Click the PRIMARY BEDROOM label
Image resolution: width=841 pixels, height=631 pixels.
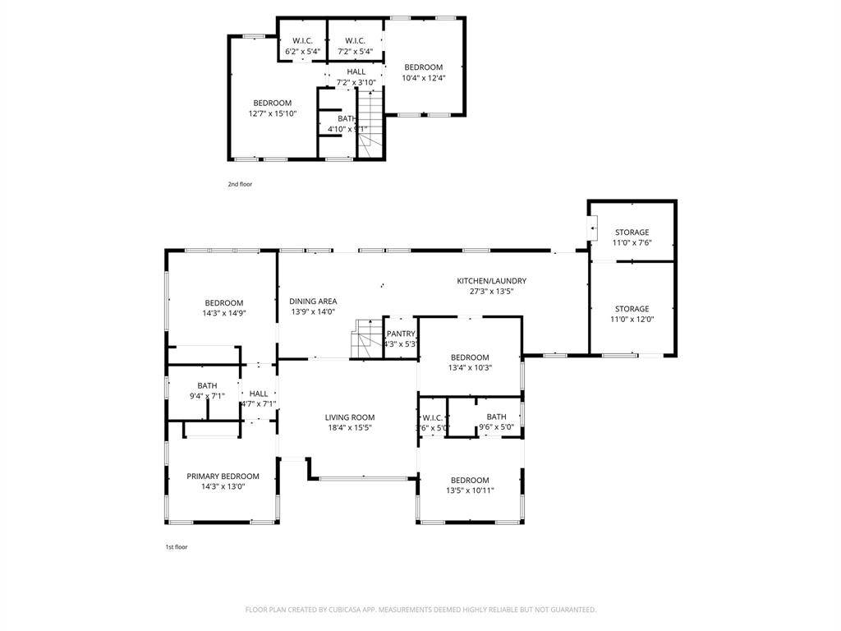[223, 477]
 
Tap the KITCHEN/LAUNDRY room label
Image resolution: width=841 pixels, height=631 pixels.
[491, 281]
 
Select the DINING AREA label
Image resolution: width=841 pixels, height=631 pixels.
[314, 302]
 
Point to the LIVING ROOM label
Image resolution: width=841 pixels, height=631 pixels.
[349, 417]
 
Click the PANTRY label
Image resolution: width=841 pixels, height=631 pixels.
[401, 334]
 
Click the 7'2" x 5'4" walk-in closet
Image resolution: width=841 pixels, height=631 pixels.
[355, 41]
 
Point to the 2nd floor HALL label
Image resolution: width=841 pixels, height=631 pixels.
[356, 71]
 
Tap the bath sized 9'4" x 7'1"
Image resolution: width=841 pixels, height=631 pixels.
[207, 386]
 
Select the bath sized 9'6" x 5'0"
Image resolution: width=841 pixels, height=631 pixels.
[496, 417]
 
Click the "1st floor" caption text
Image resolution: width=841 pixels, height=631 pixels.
[177, 546]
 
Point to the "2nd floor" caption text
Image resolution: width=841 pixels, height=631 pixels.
[240, 184]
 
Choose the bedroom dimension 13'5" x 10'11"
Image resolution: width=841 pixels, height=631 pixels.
[469, 491]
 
